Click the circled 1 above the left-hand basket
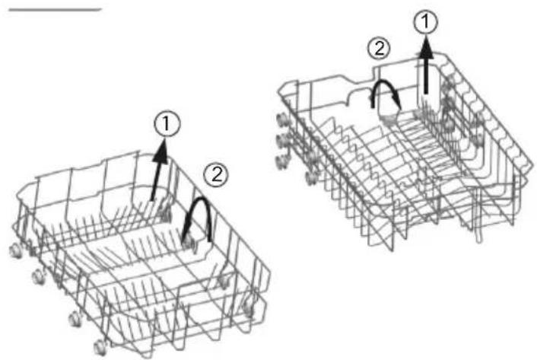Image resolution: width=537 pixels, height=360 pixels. coord(167,123)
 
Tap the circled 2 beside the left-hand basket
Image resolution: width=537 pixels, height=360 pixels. coord(216,175)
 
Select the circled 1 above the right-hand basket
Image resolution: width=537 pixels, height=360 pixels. coord(425,22)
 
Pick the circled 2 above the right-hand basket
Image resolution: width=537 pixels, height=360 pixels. coord(379,49)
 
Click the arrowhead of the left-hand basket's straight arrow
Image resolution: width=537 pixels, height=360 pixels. coord(160,152)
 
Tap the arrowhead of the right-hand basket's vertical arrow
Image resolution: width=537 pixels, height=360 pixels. coord(426,49)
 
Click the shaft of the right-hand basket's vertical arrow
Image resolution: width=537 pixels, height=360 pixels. coord(426,77)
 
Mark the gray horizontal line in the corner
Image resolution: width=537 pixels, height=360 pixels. coord(55,10)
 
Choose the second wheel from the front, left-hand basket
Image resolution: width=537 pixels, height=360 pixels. coord(75,319)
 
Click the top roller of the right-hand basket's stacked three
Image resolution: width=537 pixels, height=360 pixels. coord(282,120)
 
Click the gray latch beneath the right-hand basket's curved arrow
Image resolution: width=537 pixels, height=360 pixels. coord(389,116)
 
